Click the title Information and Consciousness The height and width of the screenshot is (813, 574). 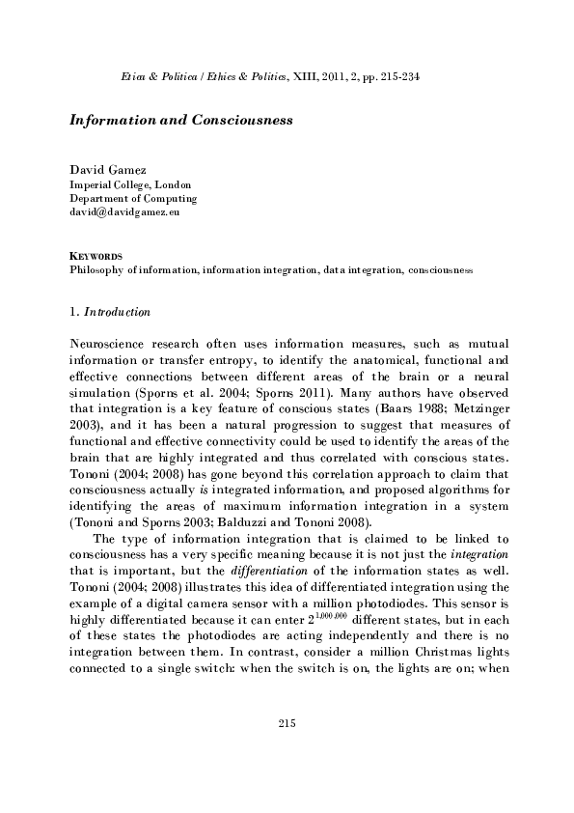(181, 124)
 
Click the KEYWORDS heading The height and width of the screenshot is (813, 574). (95, 256)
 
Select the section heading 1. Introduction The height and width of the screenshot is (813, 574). (109, 312)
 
